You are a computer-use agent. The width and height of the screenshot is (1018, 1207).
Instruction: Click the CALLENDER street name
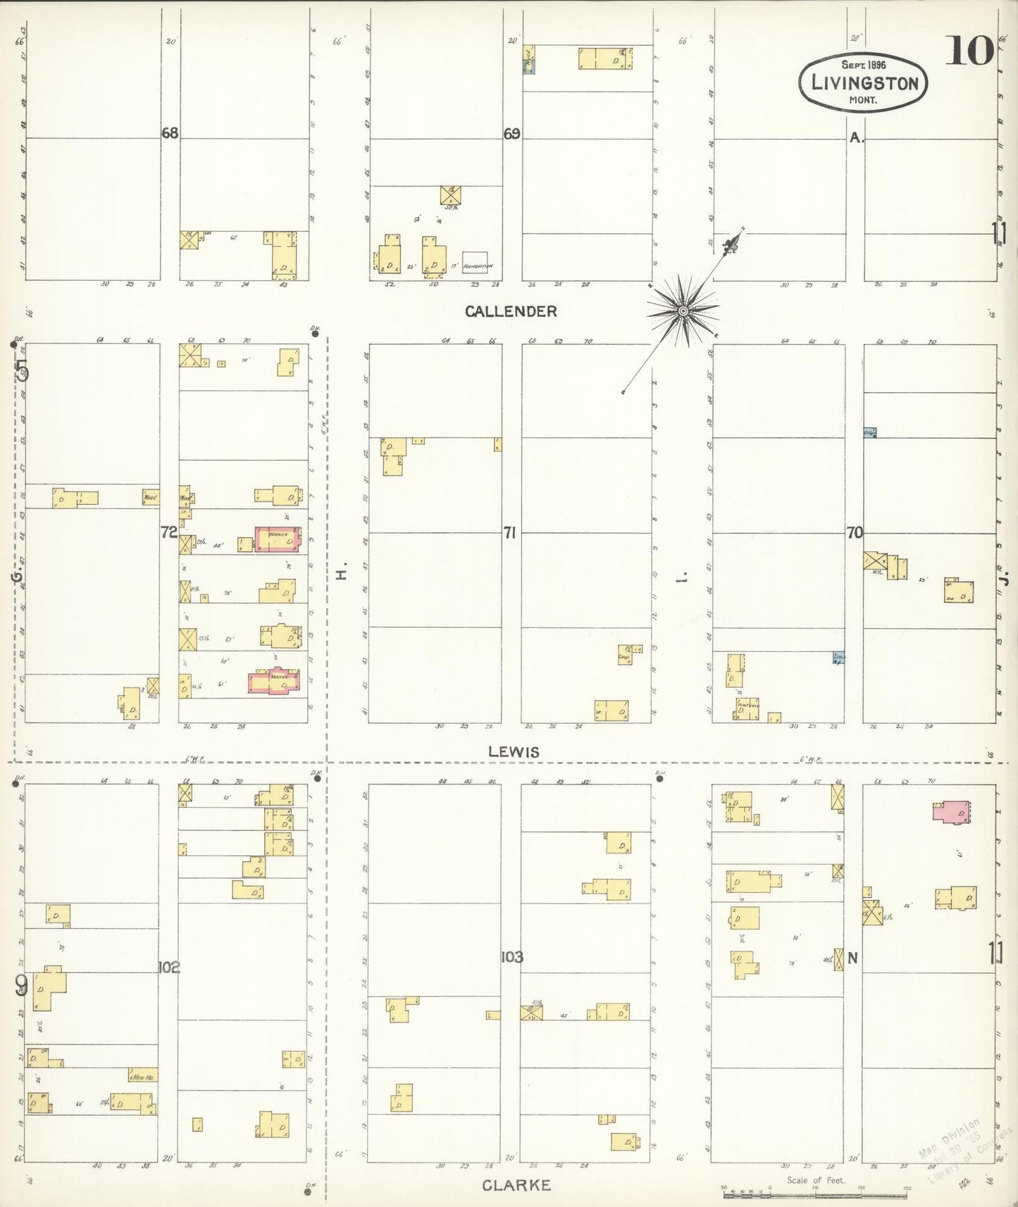coord(511,311)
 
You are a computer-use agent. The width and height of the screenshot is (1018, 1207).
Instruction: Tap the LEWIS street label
coord(514,752)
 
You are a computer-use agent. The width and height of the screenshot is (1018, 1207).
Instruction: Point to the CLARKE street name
coord(516,1185)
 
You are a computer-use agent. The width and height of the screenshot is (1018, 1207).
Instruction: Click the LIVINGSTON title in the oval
coord(864,83)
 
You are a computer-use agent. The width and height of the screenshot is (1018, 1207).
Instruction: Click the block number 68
coord(170,132)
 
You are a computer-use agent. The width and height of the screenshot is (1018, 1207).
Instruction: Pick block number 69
coord(511,133)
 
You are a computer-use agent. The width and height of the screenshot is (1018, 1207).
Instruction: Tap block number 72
coord(168,532)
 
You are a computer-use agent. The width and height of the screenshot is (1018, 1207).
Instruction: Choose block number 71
coord(509,533)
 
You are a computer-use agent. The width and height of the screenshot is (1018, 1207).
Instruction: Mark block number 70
coord(855,533)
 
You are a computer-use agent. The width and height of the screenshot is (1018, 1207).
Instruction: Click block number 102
coord(169,967)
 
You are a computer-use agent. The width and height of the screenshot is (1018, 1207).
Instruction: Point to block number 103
coord(511,957)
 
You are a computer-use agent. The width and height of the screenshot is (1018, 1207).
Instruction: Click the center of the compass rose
coord(683,311)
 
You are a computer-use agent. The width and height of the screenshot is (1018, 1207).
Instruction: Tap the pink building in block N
coord(950,811)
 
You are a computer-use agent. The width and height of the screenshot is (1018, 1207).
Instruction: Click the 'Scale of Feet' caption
coord(815,1180)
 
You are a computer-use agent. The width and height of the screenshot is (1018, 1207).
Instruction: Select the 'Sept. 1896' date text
coord(863,65)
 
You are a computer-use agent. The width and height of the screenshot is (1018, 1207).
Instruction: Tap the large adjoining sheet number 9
coord(21,988)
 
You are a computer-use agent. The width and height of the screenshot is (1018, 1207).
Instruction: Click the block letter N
coord(853,958)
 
